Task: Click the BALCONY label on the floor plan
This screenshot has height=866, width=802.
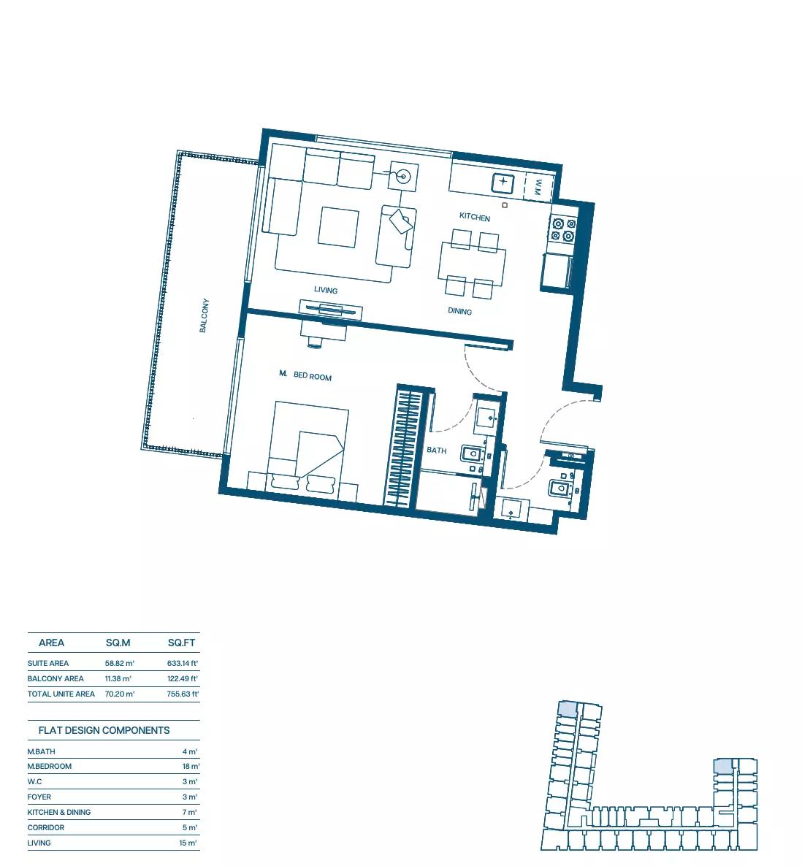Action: [x=204, y=315]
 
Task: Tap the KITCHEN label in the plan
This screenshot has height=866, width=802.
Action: [x=475, y=216]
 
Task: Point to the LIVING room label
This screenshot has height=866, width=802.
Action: [x=325, y=290]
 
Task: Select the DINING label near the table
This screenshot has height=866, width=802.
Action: [x=459, y=311]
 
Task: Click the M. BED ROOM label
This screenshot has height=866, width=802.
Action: [x=305, y=375]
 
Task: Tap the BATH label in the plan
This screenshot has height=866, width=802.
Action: [x=436, y=450]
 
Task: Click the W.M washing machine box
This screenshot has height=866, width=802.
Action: [x=538, y=188]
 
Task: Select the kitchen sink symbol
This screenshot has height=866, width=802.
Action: [x=503, y=183]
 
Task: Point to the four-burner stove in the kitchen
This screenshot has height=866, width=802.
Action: [x=563, y=230]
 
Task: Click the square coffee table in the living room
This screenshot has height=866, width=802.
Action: [x=338, y=227]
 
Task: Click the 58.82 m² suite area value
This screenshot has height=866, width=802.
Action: [x=119, y=663]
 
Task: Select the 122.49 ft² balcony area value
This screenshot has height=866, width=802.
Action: [x=183, y=679]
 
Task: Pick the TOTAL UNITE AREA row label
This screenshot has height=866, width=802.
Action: [x=61, y=694]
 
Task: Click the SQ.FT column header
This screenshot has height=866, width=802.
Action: [x=182, y=643]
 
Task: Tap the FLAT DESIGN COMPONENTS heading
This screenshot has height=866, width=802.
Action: [x=104, y=731]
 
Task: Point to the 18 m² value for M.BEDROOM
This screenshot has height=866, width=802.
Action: [x=191, y=767]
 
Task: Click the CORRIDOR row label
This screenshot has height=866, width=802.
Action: [x=46, y=828]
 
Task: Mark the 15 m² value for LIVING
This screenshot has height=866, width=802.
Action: [x=188, y=843]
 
